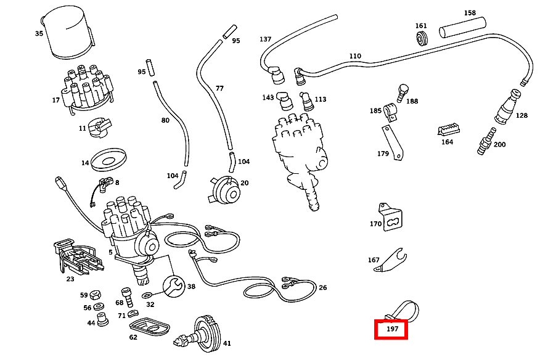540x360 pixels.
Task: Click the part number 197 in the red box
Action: click(x=391, y=330)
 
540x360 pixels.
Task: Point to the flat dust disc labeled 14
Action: click(x=109, y=161)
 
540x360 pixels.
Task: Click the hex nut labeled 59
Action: click(x=96, y=295)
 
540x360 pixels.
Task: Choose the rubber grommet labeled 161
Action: click(x=422, y=39)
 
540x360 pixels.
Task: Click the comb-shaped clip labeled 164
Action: click(x=448, y=129)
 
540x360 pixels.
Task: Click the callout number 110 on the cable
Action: click(x=354, y=56)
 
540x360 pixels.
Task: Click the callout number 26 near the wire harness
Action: click(x=322, y=287)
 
